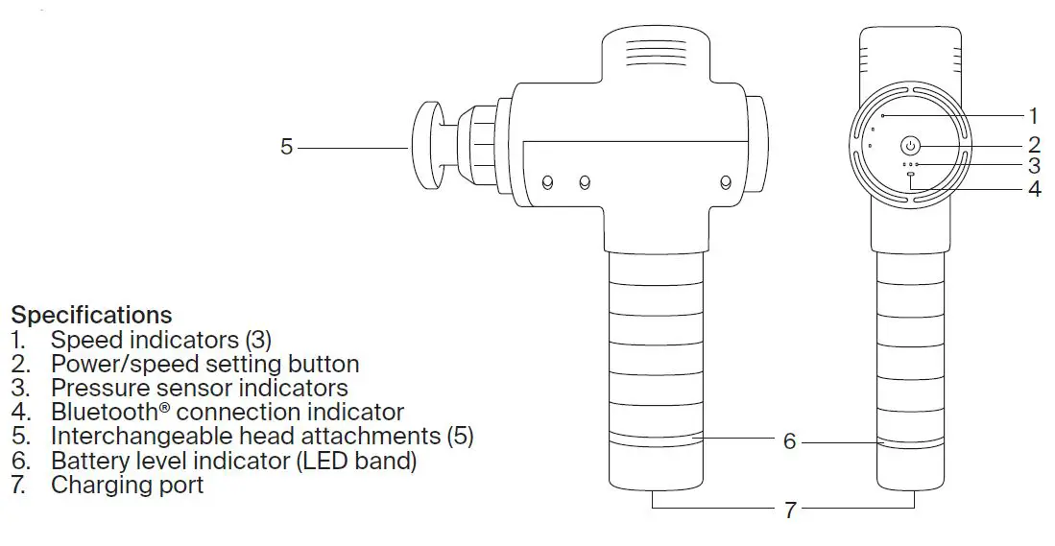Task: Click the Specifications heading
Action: [x=91, y=315]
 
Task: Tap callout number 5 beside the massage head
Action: [x=287, y=147]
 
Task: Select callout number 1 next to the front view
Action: [x=1034, y=116]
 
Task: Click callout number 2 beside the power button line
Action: [x=1034, y=145]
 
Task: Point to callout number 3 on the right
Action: [x=1034, y=165]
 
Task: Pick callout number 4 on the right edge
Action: [x=1035, y=188]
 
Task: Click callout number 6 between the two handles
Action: [x=790, y=441]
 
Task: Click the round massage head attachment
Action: [x=426, y=147]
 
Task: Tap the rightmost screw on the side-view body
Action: [x=726, y=181]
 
